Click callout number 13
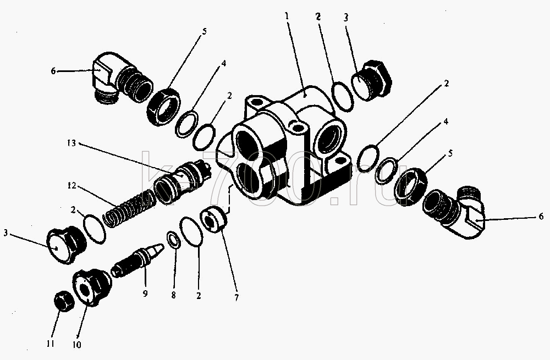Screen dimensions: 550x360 point(71,143)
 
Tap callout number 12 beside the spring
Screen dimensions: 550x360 point(71,185)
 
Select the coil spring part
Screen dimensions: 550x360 point(130,208)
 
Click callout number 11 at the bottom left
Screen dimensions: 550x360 point(51,344)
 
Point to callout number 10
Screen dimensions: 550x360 point(76,345)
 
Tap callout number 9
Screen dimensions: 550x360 point(145,293)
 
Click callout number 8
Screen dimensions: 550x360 point(173,295)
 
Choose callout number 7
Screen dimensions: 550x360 point(237,298)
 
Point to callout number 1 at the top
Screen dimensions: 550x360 point(287,16)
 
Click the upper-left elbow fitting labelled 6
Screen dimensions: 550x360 point(121,79)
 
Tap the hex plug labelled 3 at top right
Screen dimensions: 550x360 point(372,81)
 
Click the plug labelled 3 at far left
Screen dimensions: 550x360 point(66,245)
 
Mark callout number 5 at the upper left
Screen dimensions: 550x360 point(204,31)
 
